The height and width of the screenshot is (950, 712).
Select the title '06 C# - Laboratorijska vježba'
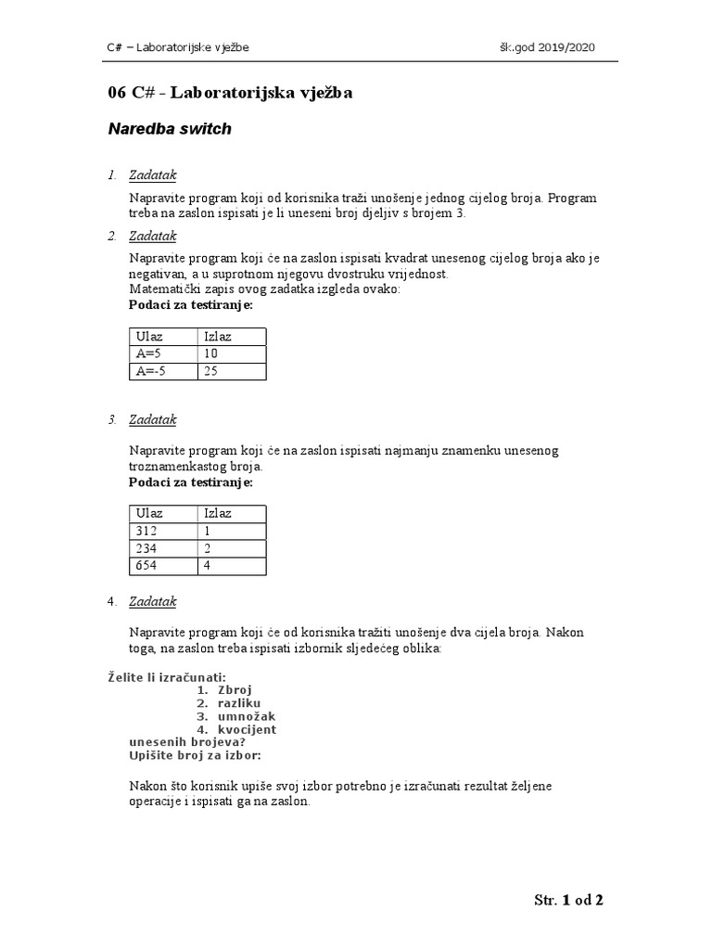pyautogui.click(x=231, y=93)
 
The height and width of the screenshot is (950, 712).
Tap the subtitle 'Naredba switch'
pyautogui.click(x=170, y=130)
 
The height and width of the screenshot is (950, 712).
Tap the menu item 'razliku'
pyautogui.click(x=240, y=703)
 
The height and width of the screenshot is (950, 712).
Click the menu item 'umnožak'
pyautogui.click(x=246, y=716)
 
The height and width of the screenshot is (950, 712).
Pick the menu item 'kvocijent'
pyautogui.click(x=247, y=729)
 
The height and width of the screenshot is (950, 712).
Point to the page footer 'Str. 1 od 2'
pyautogui.click(x=569, y=900)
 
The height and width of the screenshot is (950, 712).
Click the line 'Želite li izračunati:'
pyautogui.click(x=168, y=677)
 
